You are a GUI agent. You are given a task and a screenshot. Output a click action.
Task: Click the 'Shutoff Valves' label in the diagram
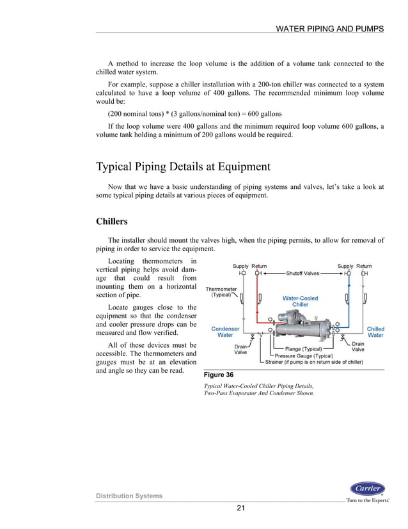[x=302, y=273]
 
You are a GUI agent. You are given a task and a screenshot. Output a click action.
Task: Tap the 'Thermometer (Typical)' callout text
[x=220, y=292]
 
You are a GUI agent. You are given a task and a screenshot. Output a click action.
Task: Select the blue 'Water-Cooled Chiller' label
[x=300, y=301]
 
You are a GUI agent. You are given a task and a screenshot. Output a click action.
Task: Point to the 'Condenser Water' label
[x=225, y=332]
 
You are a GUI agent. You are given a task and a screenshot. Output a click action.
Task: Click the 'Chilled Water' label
[x=375, y=332]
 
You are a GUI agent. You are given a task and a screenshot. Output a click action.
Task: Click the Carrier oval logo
[x=367, y=489]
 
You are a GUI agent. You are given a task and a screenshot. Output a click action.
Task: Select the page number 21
[x=240, y=509]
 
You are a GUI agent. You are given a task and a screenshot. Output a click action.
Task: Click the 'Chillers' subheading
[x=111, y=222]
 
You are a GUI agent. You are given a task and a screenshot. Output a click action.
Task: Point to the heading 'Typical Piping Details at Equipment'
[x=183, y=167]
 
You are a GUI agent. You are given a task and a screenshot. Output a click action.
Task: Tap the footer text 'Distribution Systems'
[x=129, y=496]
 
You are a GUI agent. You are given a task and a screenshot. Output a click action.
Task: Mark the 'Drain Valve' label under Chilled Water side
[x=357, y=347]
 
